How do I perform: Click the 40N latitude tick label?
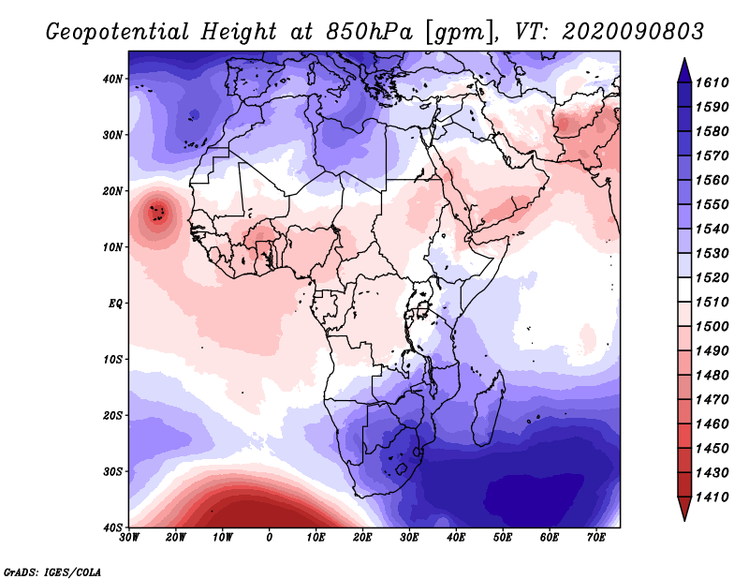tap(112, 79)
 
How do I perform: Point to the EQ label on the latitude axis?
tap(115, 304)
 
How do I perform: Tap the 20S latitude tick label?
tap(112, 415)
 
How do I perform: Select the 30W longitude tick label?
tap(129, 538)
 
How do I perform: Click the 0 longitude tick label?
tap(270, 538)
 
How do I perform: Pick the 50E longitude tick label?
tap(503, 538)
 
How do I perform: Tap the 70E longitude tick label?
tap(596, 538)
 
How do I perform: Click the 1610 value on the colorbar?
tap(712, 82)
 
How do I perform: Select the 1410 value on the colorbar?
tap(712, 497)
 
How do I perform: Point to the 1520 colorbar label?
tap(712, 277)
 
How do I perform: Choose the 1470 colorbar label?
tap(712, 400)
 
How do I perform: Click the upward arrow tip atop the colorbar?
tap(684, 59)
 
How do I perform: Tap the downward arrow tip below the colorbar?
tap(684, 520)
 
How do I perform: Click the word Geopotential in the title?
tap(117, 32)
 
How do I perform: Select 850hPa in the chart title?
tap(369, 32)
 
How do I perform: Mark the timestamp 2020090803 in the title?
tap(633, 32)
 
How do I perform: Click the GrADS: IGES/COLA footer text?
tap(52, 572)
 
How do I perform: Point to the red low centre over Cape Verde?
tap(157, 212)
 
